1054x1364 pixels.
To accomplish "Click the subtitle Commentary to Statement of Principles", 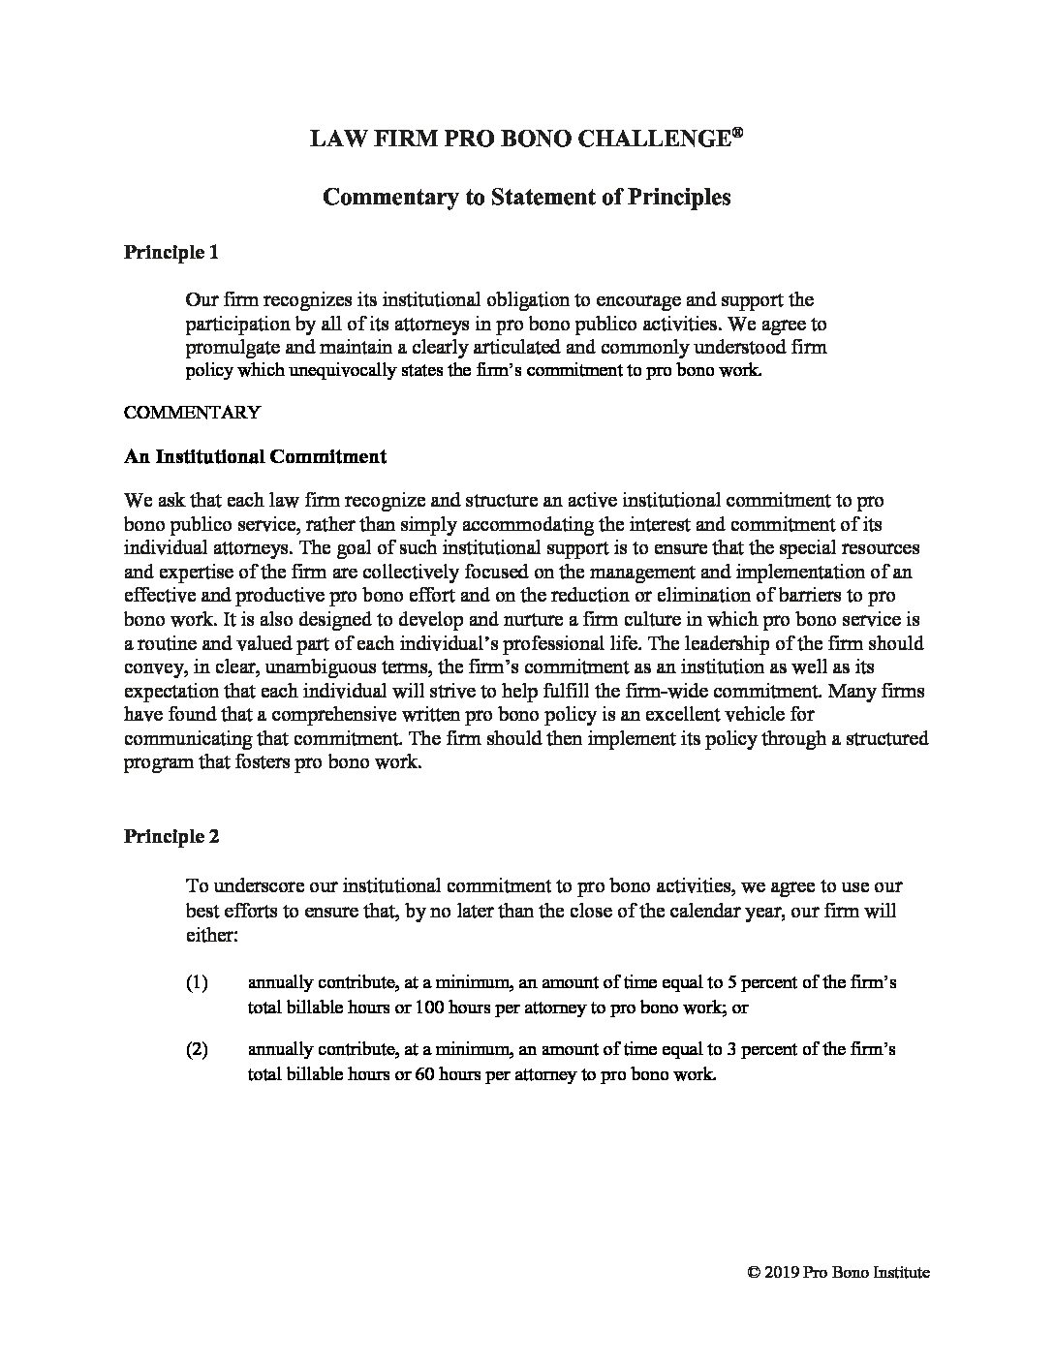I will (x=526, y=197).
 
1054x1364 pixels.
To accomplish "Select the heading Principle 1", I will (x=170, y=253).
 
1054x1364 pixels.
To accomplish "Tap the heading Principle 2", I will (x=170, y=836).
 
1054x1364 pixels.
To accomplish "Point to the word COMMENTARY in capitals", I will (x=192, y=412).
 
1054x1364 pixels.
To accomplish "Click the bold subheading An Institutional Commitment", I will (x=255, y=456).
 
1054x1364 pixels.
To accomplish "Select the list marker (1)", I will (x=197, y=982).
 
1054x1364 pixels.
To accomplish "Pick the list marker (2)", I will (x=197, y=1050).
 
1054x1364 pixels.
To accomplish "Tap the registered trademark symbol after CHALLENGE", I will (x=737, y=133).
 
